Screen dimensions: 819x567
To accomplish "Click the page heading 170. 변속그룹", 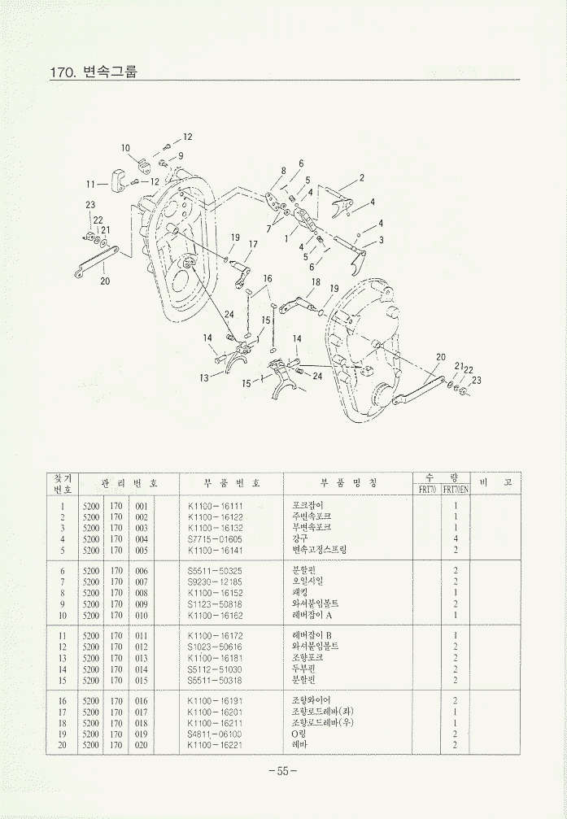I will coord(93,72).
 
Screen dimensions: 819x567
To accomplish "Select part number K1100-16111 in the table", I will coord(215,505).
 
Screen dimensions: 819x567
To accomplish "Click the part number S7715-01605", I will coord(215,538).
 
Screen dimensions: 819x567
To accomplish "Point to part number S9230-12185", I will coord(215,581).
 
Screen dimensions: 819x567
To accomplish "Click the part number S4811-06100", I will coord(215,733).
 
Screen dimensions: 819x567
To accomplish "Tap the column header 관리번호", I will coord(129,483).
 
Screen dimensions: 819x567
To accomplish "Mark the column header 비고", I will coord(495,483).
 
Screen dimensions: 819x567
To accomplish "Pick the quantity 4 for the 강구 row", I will coord(456,538).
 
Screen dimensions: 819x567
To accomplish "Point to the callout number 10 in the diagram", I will coord(126,148).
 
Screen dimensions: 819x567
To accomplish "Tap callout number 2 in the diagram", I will coord(361,177).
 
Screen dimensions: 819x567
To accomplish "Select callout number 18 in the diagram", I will coord(316,282).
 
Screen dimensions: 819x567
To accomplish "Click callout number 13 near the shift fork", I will coord(203,377).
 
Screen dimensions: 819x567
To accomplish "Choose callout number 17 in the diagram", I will coord(253,244).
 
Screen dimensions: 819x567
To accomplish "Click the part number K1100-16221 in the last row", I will coord(215,744).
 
